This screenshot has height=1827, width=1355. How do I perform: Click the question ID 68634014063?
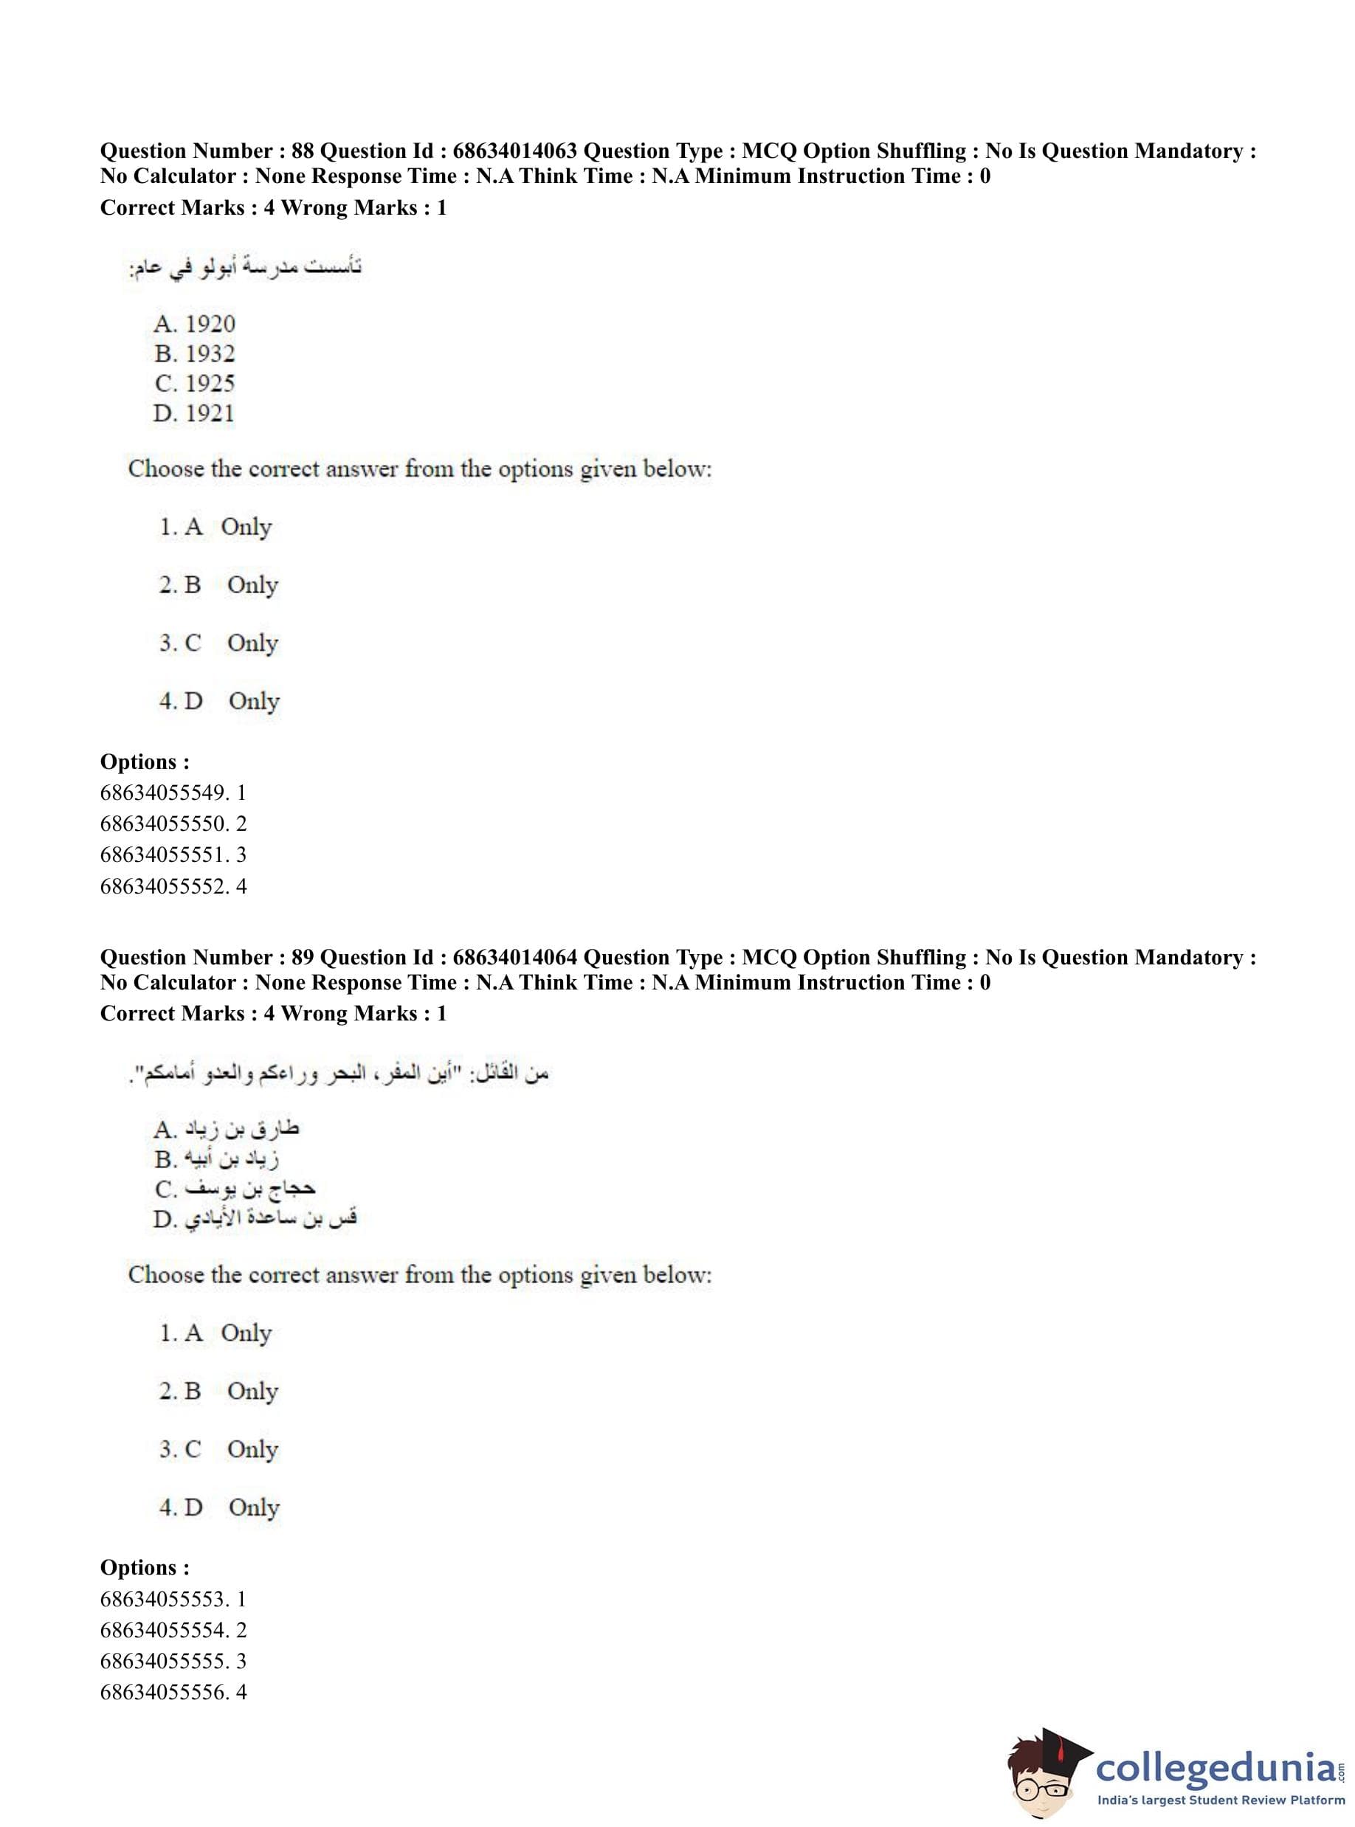[514, 151]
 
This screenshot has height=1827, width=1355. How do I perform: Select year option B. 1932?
[194, 353]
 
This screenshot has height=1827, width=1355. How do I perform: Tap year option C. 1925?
[194, 383]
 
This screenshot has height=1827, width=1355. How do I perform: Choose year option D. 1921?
[193, 413]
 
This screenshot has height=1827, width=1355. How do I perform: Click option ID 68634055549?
[162, 793]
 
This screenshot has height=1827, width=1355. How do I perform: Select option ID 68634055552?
[162, 886]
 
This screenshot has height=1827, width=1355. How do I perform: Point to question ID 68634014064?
[514, 957]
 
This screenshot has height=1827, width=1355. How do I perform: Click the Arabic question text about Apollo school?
[245, 267]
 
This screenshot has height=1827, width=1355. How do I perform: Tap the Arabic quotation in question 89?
[339, 1074]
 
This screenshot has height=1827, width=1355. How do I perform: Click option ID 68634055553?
[162, 1599]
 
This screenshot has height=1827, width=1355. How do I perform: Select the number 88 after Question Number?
[303, 151]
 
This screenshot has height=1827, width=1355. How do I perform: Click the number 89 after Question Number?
[303, 957]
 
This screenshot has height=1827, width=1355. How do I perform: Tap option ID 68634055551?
[162, 855]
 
